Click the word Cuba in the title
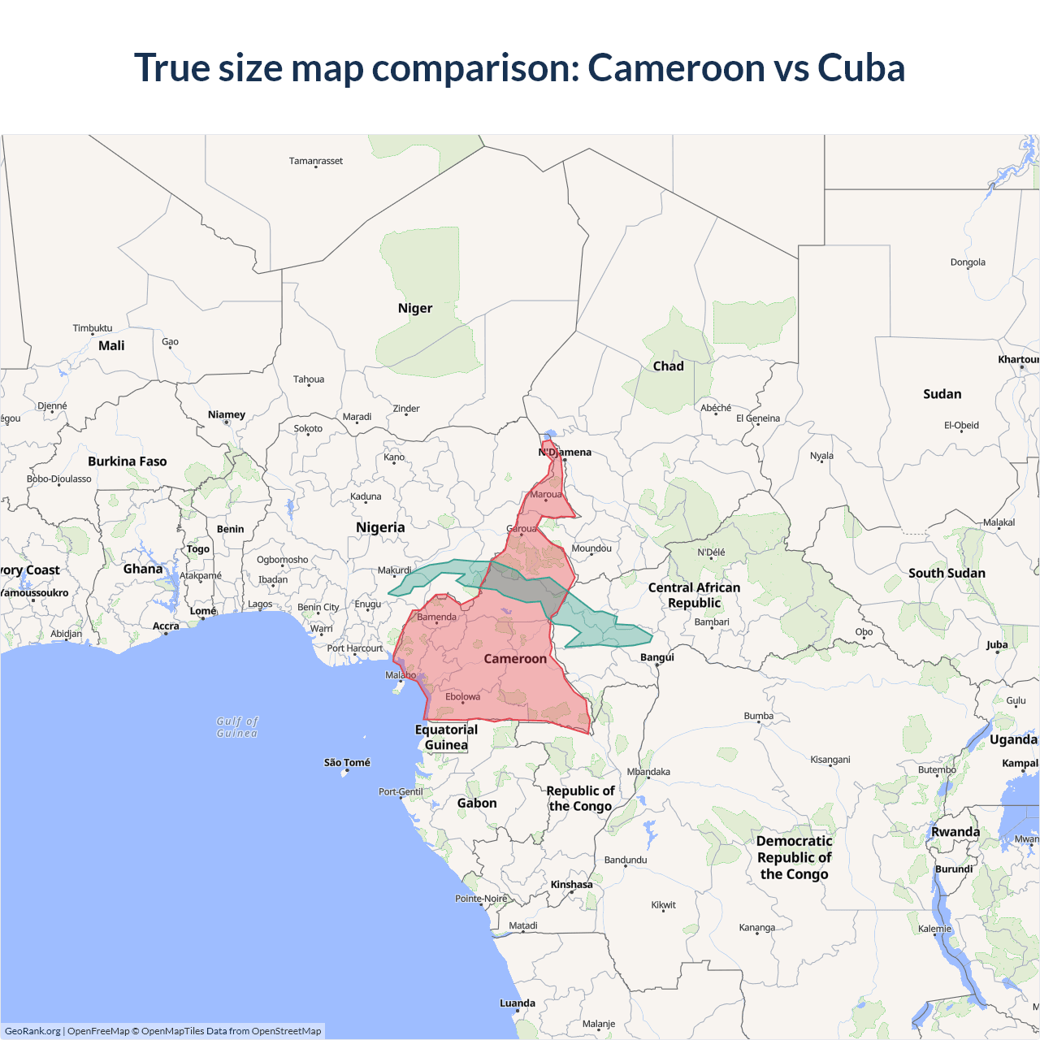pos(860,67)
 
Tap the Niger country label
pos(414,308)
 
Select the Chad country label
pos(668,366)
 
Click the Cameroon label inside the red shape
pos(515,659)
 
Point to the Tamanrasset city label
pos(316,161)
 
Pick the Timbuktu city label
pos(93,328)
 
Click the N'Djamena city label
pos(565,453)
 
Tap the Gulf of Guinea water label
pos(237,727)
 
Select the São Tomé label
pos(347,763)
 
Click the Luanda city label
pos(518,1003)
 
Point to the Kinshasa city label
pos(571,885)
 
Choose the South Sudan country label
pos(947,573)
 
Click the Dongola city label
pos(968,262)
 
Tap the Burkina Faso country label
pos(128,461)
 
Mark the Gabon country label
pos(477,803)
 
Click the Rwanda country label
pos(955,832)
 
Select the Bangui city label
pos(657,657)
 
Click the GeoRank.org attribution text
pos(32,1031)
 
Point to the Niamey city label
pos(227,414)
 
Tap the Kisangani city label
pos(830,760)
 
